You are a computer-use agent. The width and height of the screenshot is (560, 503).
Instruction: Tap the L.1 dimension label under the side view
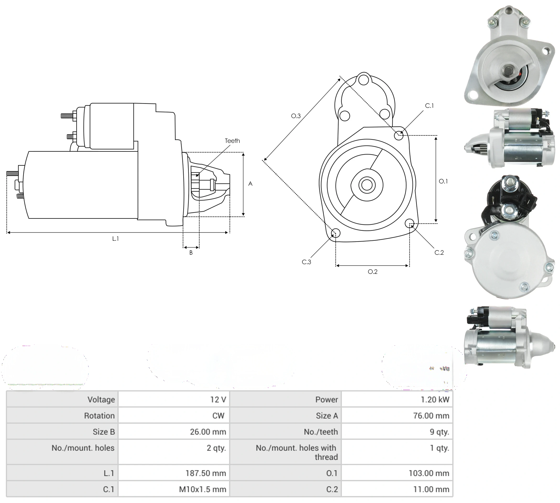tap(115, 239)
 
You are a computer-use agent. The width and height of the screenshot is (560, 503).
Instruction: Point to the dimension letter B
tap(191, 253)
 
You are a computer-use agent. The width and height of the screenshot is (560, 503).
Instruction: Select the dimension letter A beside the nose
tap(250, 184)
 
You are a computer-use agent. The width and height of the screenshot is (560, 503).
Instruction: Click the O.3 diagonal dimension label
tap(296, 116)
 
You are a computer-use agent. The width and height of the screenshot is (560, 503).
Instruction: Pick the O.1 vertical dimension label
tap(443, 181)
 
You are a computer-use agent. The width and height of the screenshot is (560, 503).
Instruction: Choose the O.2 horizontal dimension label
tap(373, 272)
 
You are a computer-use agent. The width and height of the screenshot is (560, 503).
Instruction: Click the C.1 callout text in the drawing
tap(429, 106)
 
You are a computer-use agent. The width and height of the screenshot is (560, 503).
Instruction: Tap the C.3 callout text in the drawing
tap(306, 262)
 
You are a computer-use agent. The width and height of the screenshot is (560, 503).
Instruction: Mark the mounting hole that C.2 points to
tap(409, 223)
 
